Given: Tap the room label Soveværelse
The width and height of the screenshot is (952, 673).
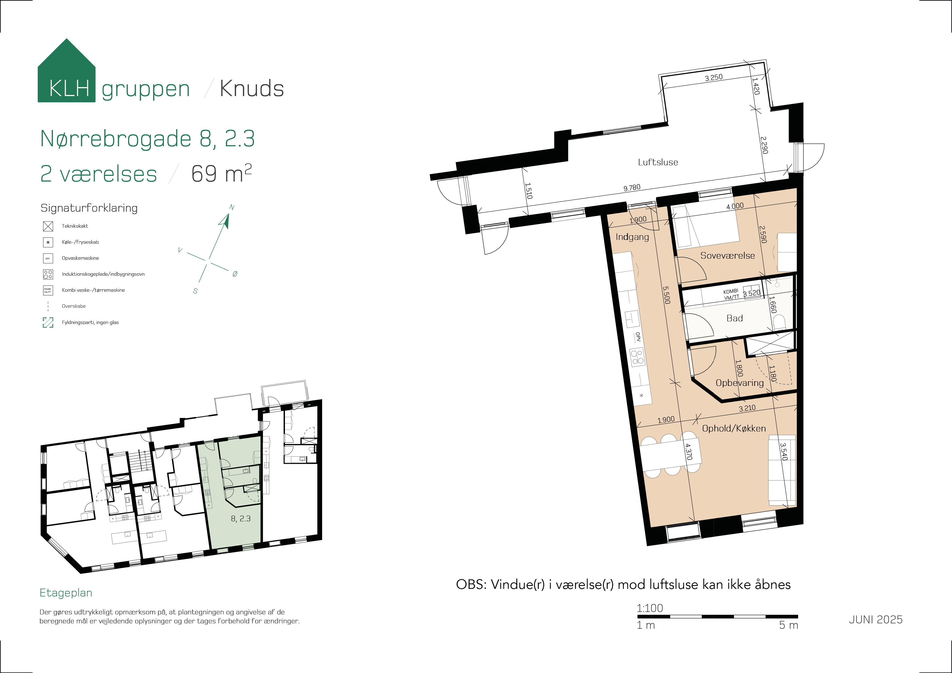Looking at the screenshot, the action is [x=728, y=255].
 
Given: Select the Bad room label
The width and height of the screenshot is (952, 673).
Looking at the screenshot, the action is [x=735, y=318].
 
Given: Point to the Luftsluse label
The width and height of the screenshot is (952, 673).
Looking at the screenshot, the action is [x=658, y=162].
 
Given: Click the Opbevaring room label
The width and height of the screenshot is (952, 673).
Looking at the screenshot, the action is [x=740, y=383].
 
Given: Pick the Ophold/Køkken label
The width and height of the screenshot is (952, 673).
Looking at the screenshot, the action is [x=734, y=428].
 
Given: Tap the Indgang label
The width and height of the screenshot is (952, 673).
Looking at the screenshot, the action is [x=632, y=237].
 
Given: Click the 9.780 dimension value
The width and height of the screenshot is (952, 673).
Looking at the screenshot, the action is [x=632, y=188].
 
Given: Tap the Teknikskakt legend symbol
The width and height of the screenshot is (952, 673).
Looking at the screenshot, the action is [x=48, y=226].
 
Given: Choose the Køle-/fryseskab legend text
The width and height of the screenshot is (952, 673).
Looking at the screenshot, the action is [x=80, y=242].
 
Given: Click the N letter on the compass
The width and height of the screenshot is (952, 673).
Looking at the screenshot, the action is [x=232, y=207].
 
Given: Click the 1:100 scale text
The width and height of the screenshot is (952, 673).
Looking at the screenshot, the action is [x=650, y=608].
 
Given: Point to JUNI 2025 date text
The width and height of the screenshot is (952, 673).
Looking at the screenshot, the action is [x=876, y=620].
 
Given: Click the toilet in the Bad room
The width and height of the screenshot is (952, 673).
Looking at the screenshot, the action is [x=779, y=322].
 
